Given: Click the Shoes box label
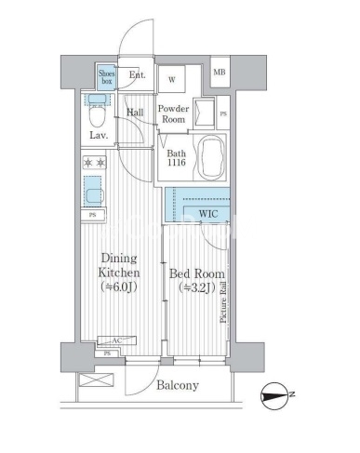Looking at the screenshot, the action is (106, 77).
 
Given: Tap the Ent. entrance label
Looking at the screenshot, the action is (137, 75).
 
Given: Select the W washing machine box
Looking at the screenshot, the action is (172, 79).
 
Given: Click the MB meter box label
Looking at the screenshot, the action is (220, 73).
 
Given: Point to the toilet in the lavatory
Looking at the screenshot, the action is (97, 110).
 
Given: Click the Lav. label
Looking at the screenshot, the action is (99, 136).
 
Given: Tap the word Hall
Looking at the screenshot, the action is (135, 112).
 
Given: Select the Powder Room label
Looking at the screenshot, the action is (173, 113).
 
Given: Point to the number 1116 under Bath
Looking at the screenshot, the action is (177, 162).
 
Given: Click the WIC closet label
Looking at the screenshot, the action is (208, 214).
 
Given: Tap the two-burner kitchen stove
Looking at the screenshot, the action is (95, 163).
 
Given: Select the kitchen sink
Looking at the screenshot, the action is (93, 191).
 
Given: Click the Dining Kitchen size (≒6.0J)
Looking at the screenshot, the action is (119, 287).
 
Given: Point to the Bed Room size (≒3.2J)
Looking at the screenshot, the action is (197, 288).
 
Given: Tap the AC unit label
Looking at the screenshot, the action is (117, 340).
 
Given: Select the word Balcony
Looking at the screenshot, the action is (178, 385).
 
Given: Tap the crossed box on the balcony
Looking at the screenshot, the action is (97, 380).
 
